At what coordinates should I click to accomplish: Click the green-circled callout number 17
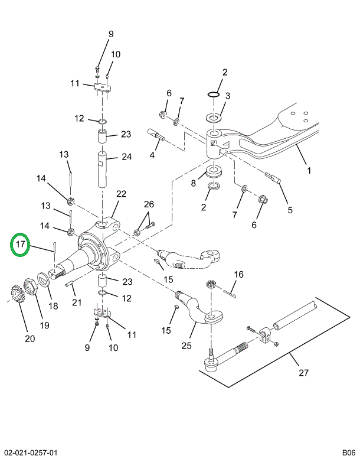[20, 244]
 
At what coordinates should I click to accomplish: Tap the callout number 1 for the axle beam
[309, 170]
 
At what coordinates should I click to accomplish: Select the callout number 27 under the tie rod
[303, 373]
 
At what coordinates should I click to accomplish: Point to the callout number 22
[121, 194]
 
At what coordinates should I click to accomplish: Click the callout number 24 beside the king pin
[126, 157]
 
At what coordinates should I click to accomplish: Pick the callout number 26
[149, 204]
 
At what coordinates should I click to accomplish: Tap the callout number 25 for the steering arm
[186, 346]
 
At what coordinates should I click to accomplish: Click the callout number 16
[238, 274]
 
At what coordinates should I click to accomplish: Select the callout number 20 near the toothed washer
[30, 338]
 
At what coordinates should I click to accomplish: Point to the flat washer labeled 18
[43, 280]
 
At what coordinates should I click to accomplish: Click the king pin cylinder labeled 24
[102, 169]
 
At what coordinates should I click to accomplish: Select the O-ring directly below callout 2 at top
[213, 95]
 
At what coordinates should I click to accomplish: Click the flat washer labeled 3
[214, 118]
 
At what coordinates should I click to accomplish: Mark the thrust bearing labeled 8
[214, 171]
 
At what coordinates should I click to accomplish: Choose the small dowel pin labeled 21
[70, 284]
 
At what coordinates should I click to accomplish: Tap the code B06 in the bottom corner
[349, 453]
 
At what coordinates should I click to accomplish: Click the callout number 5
[290, 210]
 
